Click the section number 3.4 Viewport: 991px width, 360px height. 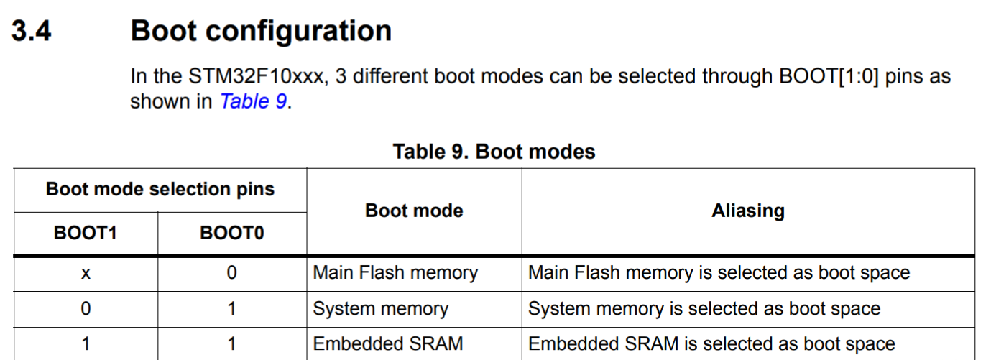point(32,32)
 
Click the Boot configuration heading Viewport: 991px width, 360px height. point(261,32)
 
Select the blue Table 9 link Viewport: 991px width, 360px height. point(254,101)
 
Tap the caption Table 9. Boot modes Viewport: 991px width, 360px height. point(494,152)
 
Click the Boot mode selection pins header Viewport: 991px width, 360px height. point(160,190)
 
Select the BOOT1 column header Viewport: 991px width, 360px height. point(86,234)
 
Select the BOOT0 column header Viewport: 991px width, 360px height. point(231,234)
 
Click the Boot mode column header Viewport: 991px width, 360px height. point(414,211)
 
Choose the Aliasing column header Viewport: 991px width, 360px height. point(747,211)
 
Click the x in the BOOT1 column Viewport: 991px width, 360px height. point(86,273)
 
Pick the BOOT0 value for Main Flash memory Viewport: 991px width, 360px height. point(231,273)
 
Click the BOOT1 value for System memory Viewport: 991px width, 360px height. point(86,309)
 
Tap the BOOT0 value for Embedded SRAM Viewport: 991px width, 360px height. point(231,344)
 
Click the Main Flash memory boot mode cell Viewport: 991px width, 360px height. point(395,273)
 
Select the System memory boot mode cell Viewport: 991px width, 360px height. point(381,309)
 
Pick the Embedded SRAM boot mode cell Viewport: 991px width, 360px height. point(388,344)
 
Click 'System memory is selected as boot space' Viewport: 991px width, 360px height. point(704,309)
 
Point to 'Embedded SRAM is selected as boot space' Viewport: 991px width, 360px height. point(711,344)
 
